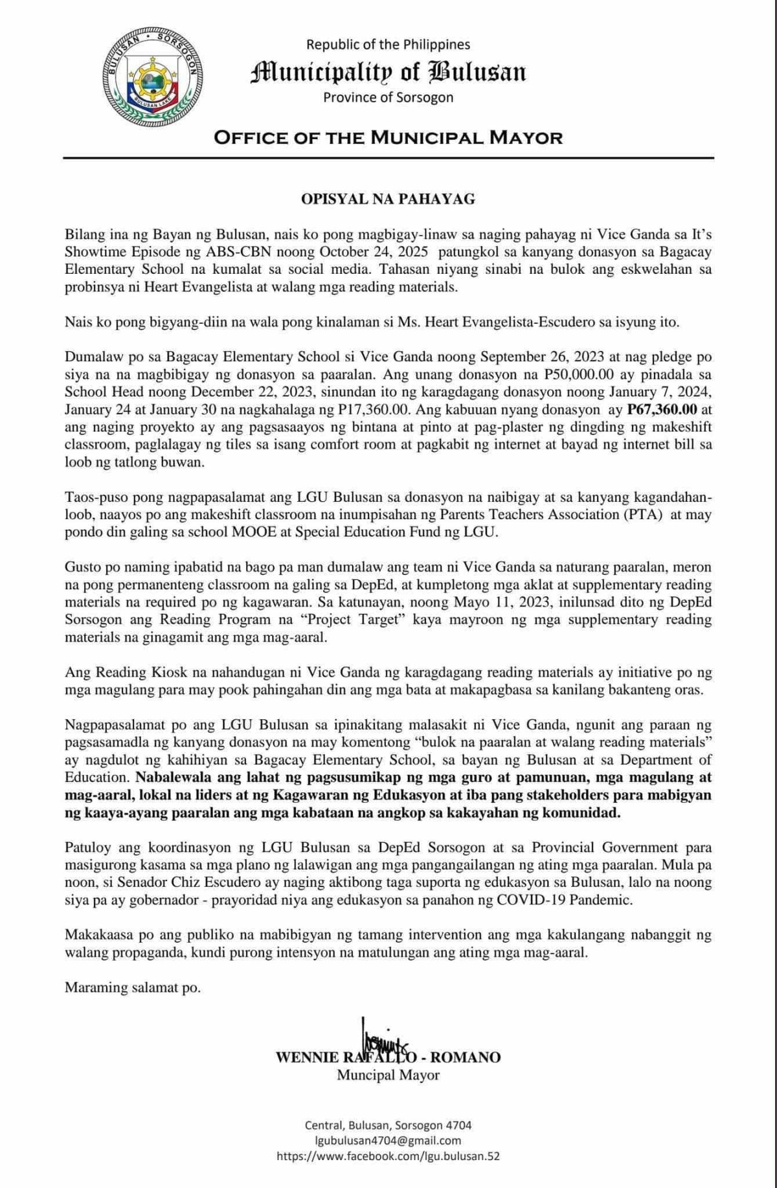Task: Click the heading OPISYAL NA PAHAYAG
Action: (388, 199)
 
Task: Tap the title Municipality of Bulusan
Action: (388, 72)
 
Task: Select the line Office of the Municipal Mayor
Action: (388, 137)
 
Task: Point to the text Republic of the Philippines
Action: (388, 45)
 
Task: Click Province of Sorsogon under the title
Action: (388, 97)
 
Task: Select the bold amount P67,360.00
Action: (662, 409)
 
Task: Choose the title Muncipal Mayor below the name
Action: (388, 1075)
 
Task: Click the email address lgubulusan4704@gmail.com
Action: (388, 1141)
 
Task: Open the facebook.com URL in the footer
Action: (388, 1156)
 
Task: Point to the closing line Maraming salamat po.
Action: (133, 987)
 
